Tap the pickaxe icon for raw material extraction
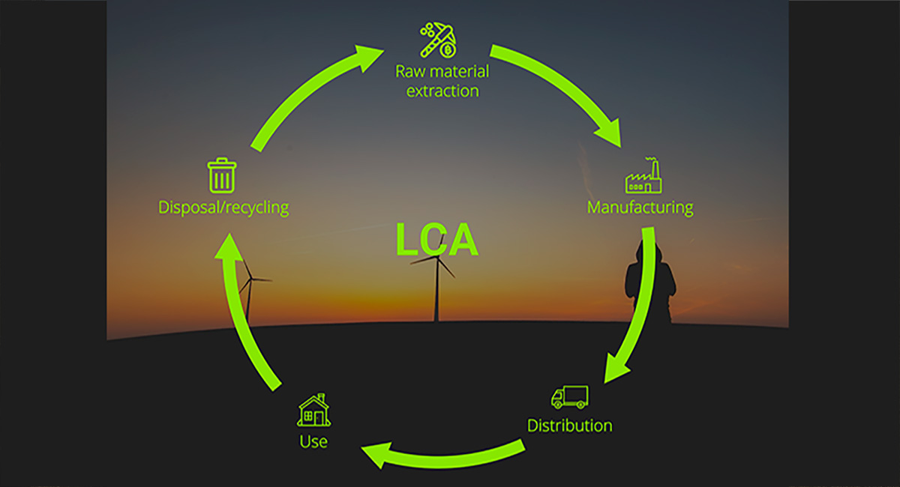[x=439, y=40]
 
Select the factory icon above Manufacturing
[x=643, y=177]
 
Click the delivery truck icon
[x=569, y=397]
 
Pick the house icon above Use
[x=313, y=410]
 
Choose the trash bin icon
[x=222, y=175]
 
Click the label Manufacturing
[x=640, y=207]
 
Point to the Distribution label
[x=569, y=426]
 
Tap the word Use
[x=313, y=441]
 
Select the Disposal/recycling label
[x=223, y=207]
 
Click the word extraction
[x=442, y=91]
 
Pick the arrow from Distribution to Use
[x=442, y=453]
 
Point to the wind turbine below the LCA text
[x=436, y=288]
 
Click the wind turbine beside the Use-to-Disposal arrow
[x=248, y=292]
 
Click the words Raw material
[x=442, y=73]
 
